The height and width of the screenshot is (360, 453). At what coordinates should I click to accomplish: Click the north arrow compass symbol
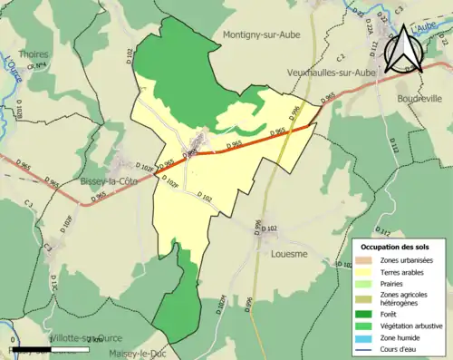(x=404, y=51)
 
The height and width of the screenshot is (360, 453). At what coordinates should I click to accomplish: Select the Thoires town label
(x=34, y=54)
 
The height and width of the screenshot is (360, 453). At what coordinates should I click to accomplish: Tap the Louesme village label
(x=290, y=255)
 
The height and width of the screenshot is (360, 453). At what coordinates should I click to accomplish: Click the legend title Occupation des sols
(x=395, y=247)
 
